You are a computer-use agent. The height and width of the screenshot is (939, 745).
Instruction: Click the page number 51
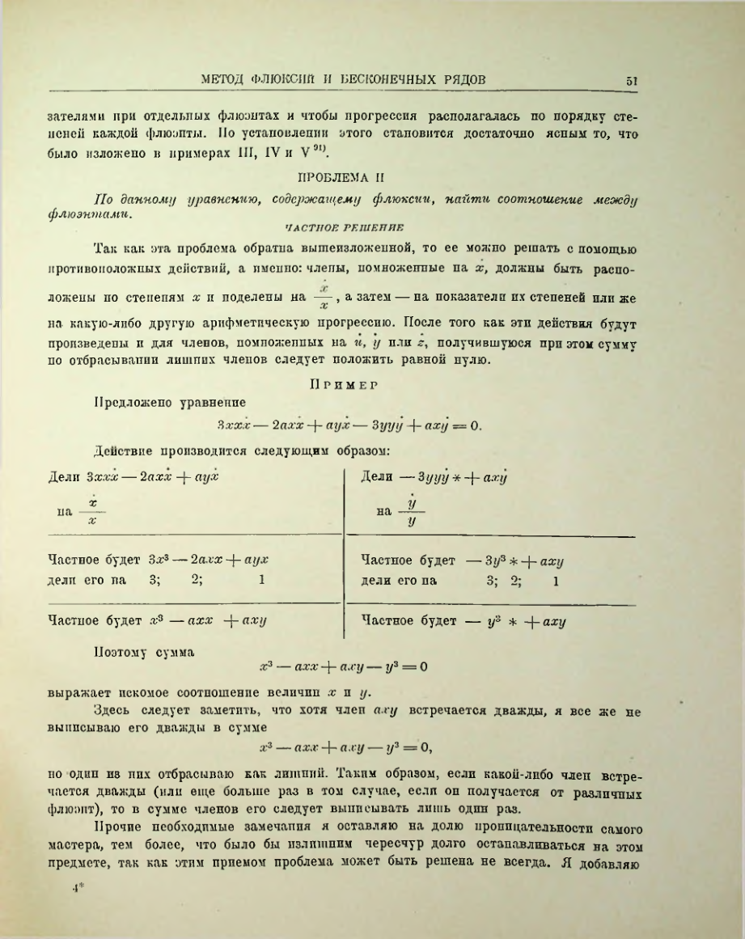(633, 80)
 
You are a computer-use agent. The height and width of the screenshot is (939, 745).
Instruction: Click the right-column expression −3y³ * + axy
(514, 560)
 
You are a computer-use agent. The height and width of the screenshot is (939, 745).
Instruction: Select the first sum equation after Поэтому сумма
(342, 668)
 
